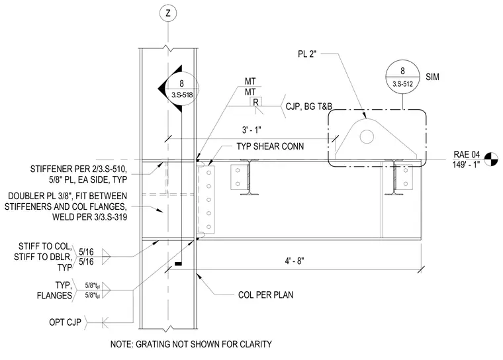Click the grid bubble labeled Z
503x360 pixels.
[x=167, y=13]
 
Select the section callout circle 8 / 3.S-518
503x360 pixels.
[x=181, y=89]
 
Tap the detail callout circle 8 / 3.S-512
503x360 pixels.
[x=402, y=77]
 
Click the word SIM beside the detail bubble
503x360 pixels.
[x=432, y=77]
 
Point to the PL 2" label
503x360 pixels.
[x=307, y=54]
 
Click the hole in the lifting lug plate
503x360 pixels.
[x=367, y=137]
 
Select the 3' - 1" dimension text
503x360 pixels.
[x=251, y=130]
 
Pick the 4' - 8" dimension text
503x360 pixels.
[x=295, y=261]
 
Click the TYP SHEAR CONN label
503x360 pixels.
[x=270, y=146]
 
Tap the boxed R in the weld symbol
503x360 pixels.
[x=255, y=102]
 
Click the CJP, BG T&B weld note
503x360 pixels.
[x=309, y=106]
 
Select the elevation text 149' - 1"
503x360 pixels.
[x=466, y=164]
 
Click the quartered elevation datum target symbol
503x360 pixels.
[x=491, y=159]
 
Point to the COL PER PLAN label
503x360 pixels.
[x=265, y=295]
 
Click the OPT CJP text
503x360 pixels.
[x=65, y=322]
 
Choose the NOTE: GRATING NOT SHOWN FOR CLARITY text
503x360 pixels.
[x=191, y=344]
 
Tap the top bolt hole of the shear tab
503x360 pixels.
[x=208, y=173]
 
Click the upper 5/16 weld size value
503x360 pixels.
[x=86, y=252]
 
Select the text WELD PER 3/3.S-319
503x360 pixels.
[x=89, y=217]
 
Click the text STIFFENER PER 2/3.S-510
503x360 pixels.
[x=81, y=169]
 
